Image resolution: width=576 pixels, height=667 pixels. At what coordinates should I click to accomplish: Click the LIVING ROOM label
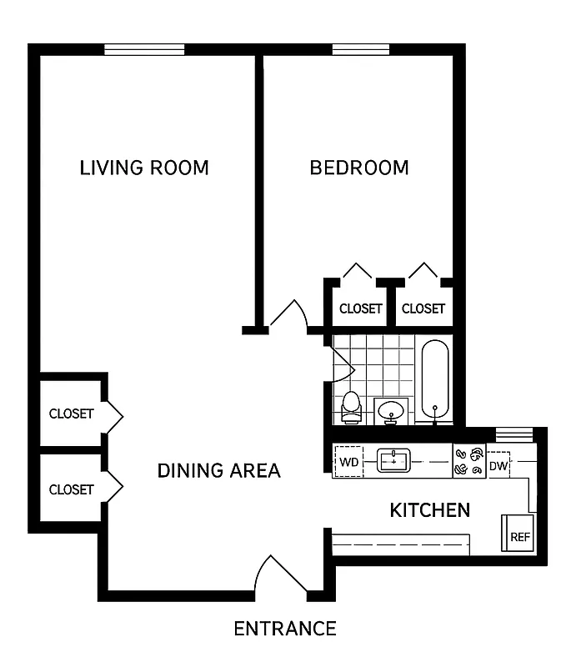(x=144, y=168)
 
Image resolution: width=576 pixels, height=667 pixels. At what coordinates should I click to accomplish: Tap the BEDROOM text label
(x=359, y=168)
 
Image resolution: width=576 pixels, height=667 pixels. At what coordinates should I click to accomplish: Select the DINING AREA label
(x=218, y=471)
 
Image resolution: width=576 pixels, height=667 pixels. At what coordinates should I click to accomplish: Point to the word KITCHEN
(x=429, y=509)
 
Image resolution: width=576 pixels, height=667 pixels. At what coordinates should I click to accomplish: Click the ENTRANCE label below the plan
(x=285, y=629)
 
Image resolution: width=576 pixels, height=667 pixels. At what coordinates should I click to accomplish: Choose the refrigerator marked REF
(x=518, y=535)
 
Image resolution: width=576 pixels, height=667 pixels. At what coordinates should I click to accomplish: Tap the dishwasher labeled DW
(x=498, y=465)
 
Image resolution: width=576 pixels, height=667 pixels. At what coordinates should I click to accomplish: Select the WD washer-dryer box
(x=348, y=461)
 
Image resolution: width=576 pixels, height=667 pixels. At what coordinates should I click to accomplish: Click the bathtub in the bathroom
(x=434, y=379)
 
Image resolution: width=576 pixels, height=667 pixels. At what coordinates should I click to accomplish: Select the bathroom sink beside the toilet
(x=390, y=410)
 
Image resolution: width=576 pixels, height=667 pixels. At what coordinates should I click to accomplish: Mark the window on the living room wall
(x=144, y=50)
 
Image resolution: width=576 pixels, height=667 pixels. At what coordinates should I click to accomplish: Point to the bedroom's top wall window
(x=360, y=50)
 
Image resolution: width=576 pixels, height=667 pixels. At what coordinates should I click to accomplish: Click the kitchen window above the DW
(x=513, y=434)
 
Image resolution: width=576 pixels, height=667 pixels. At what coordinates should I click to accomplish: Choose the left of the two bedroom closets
(x=360, y=308)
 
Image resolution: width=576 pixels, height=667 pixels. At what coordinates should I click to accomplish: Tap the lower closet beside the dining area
(x=71, y=489)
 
